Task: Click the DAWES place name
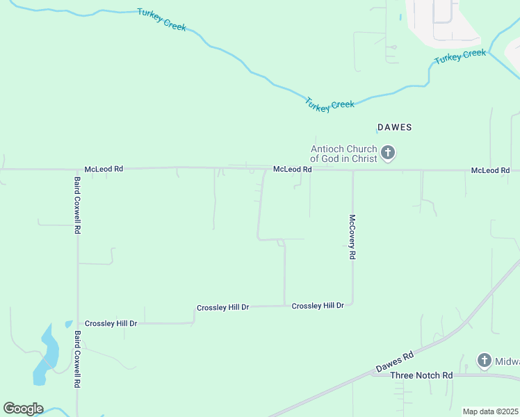point(394,127)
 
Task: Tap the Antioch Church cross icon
point(388,152)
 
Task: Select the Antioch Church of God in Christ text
point(343,154)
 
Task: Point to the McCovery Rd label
point(352,236)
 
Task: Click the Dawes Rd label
point(394,361)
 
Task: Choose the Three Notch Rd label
point(421,375)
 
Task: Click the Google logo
point(23,409)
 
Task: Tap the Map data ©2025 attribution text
point(491,411)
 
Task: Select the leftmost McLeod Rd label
point(104,169)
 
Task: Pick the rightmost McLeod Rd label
point(490,170)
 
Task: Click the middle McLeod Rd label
point(292,169)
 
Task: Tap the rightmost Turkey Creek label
point(460,57)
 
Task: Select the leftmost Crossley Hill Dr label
point(111,324)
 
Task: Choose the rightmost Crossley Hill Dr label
point(318,306)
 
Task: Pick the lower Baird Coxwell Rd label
point(77,359)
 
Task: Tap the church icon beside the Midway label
point(485,360)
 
